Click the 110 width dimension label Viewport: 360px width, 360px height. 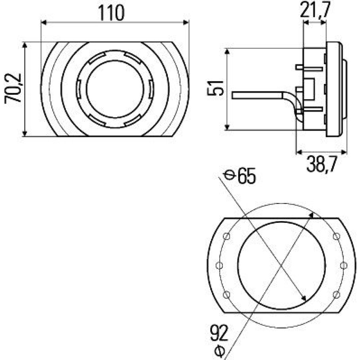112,13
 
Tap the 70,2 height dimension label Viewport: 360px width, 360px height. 13,88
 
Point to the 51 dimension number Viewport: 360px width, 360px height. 215,88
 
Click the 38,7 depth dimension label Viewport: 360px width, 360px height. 321,164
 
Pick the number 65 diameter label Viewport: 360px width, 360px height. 246,176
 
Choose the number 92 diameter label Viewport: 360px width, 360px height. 219,333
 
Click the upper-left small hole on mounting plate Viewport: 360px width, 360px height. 226,236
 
